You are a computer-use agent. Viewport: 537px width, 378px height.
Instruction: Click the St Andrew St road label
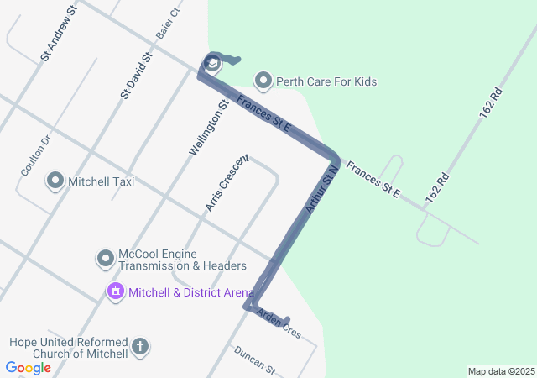tap(59, 33)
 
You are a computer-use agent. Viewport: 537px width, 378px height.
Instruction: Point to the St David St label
tap(136, 76)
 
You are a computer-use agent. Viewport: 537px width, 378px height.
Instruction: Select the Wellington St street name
tap(209, 128)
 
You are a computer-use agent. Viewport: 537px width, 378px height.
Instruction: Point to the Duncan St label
tap(254, 360)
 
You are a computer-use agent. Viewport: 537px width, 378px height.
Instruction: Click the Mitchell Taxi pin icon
tap(55, 181)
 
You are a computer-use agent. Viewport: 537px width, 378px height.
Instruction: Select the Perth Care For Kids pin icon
tap(263, 81)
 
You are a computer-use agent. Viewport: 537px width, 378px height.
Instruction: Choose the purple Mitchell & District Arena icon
tap(115, 292)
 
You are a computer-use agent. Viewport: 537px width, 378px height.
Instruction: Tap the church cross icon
tap(140, 346)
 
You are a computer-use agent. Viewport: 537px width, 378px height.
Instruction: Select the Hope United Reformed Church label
tap(69, 348)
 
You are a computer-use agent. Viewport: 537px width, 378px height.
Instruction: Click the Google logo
tap(28, 367)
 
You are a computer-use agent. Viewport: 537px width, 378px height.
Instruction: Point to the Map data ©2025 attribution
tap(501, 371)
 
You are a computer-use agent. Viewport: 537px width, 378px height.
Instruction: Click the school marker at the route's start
tap(212, 63)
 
